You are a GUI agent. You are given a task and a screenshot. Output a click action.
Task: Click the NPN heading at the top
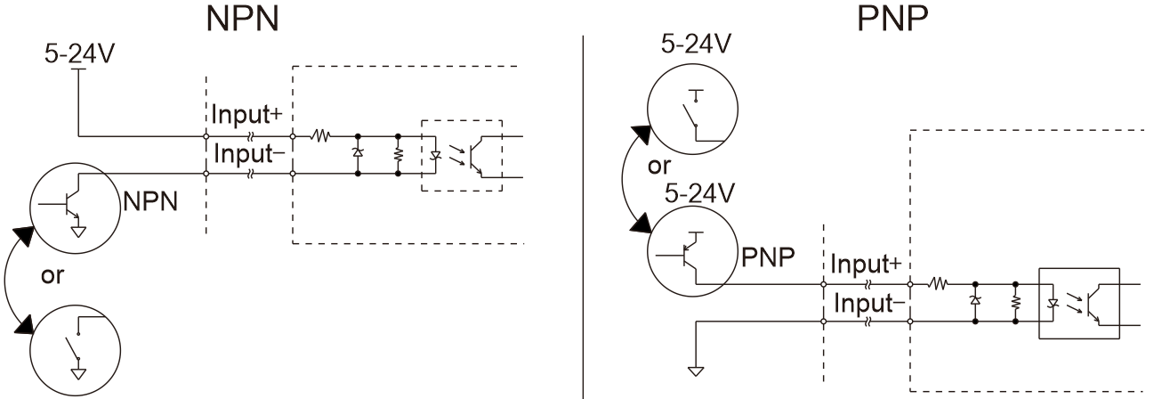coord(242,19)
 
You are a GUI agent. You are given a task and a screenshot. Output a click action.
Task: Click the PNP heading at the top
coord(892,19)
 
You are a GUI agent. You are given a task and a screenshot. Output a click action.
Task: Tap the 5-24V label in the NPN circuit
coord(79,53)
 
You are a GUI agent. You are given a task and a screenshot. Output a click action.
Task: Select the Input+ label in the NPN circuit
coord(246,114)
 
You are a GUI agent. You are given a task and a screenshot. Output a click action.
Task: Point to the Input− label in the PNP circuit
coord(869,303)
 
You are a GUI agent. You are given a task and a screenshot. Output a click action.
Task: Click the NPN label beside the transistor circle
coord(150,201)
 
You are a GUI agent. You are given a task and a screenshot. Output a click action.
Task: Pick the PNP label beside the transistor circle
coord(768,256)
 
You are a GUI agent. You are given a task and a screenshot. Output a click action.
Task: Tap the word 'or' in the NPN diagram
coord(52,276)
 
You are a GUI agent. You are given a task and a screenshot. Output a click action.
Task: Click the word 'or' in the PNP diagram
coord(659,166)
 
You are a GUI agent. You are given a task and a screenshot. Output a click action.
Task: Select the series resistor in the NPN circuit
coord(320,136)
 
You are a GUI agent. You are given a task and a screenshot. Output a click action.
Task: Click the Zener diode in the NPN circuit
coord(358,152)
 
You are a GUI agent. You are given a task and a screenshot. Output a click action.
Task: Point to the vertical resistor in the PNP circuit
coord(1015,303)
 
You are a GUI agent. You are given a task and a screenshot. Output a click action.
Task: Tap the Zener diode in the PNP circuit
coord(975,300)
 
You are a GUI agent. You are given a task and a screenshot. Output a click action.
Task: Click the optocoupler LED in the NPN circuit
coord(435,155)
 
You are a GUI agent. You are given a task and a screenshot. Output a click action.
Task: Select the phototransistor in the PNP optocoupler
coord(1093,304)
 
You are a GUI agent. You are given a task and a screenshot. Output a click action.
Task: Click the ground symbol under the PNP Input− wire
coord(696,370)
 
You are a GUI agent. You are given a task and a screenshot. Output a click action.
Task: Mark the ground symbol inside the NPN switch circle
coord(78,375)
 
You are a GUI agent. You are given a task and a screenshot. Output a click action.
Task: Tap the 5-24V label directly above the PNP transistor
coord(699,194)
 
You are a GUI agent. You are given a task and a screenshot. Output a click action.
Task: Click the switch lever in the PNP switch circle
coord(689,115)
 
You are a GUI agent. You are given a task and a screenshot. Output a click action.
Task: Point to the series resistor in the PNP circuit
coord(938,283)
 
